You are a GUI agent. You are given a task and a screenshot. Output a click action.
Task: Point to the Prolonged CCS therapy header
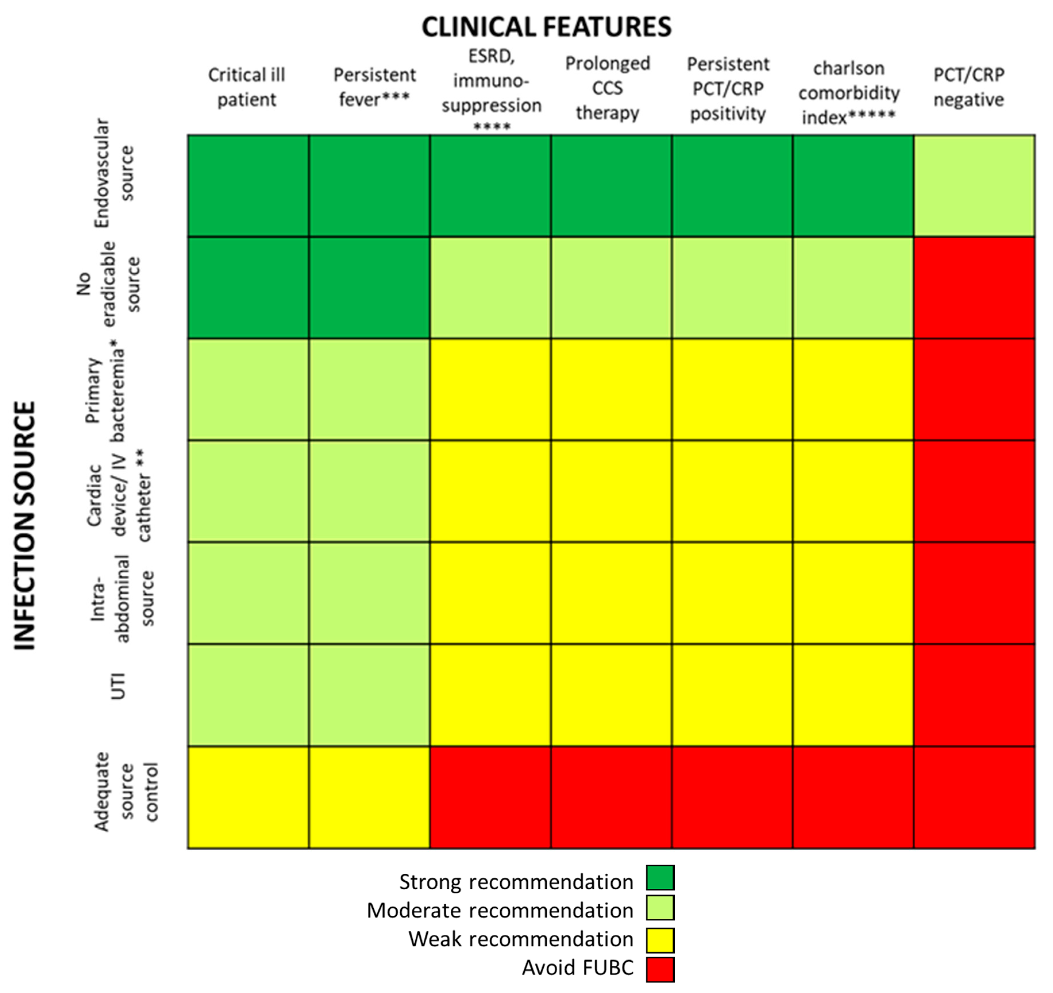tap(607, 88)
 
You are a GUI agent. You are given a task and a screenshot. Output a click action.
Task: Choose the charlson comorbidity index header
tap(848, 93)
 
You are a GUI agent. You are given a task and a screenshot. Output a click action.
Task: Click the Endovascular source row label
tap(114, 173)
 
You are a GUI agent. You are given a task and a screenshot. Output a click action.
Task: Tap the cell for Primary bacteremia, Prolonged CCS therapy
tap(611, 389)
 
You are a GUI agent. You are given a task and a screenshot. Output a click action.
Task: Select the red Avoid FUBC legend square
tap(660, 969)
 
